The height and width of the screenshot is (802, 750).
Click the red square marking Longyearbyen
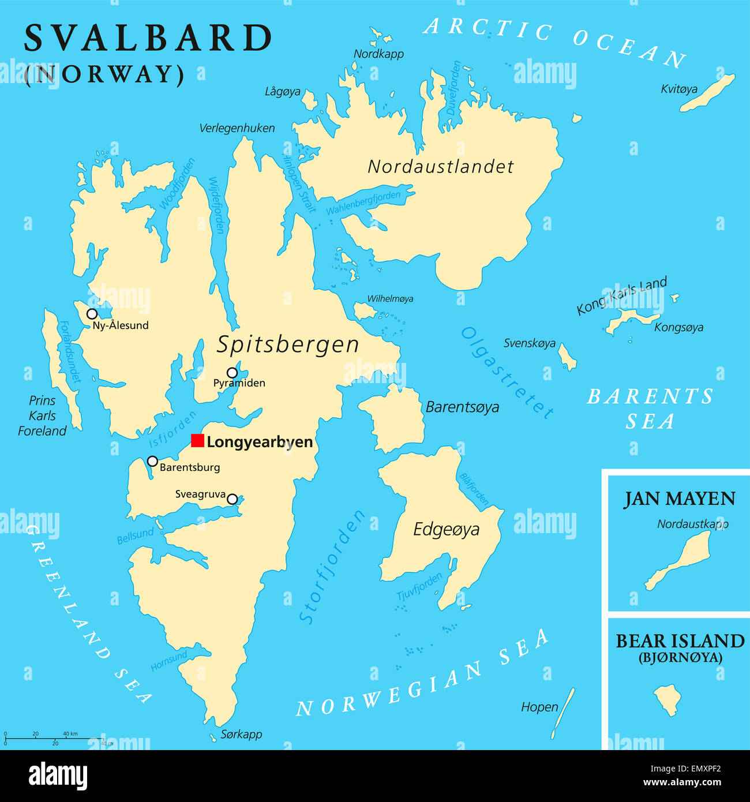pos(197,441)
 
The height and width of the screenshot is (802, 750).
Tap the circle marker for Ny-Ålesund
pos(92,314)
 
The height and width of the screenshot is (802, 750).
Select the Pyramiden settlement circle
pos(232,373)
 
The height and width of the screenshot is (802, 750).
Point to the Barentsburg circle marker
pos(152,461)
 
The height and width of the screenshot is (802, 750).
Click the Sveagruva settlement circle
pos(232,499)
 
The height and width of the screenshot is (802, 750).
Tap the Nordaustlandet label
pos(441,167)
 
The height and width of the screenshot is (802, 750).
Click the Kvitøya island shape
pos(707,93)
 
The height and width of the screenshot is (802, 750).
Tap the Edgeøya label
pos(446,529)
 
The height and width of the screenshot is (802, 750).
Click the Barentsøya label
pos(462,407)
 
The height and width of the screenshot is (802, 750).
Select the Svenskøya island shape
pos(568,358)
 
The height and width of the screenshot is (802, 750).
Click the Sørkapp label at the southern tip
pos(241,734)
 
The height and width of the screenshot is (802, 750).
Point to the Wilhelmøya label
pos(390,299)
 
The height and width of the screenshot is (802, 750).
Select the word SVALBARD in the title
pos(148,39)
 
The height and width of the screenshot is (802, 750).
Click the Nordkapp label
pos(378,54)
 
